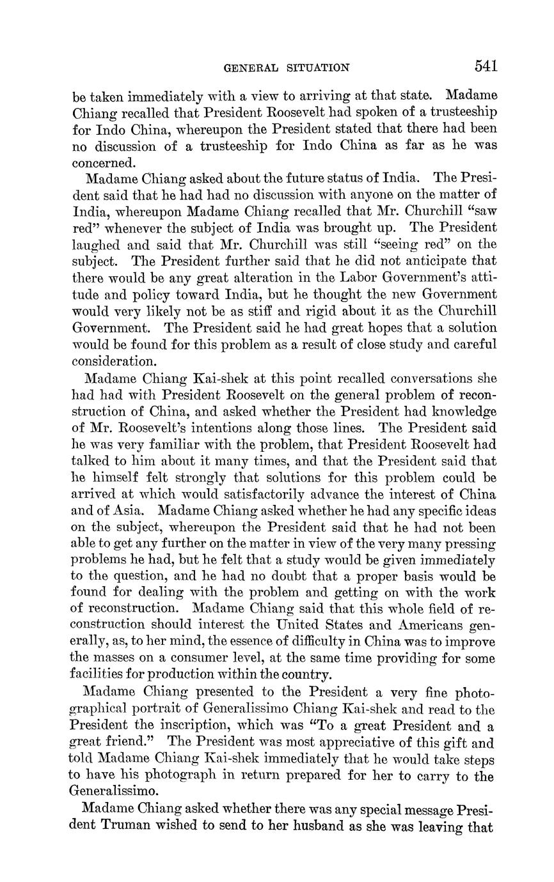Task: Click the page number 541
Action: (486, 66)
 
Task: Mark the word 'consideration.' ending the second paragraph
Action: (113, 361)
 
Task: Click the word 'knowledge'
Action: (459, 411)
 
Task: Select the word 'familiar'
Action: (186, 445)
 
